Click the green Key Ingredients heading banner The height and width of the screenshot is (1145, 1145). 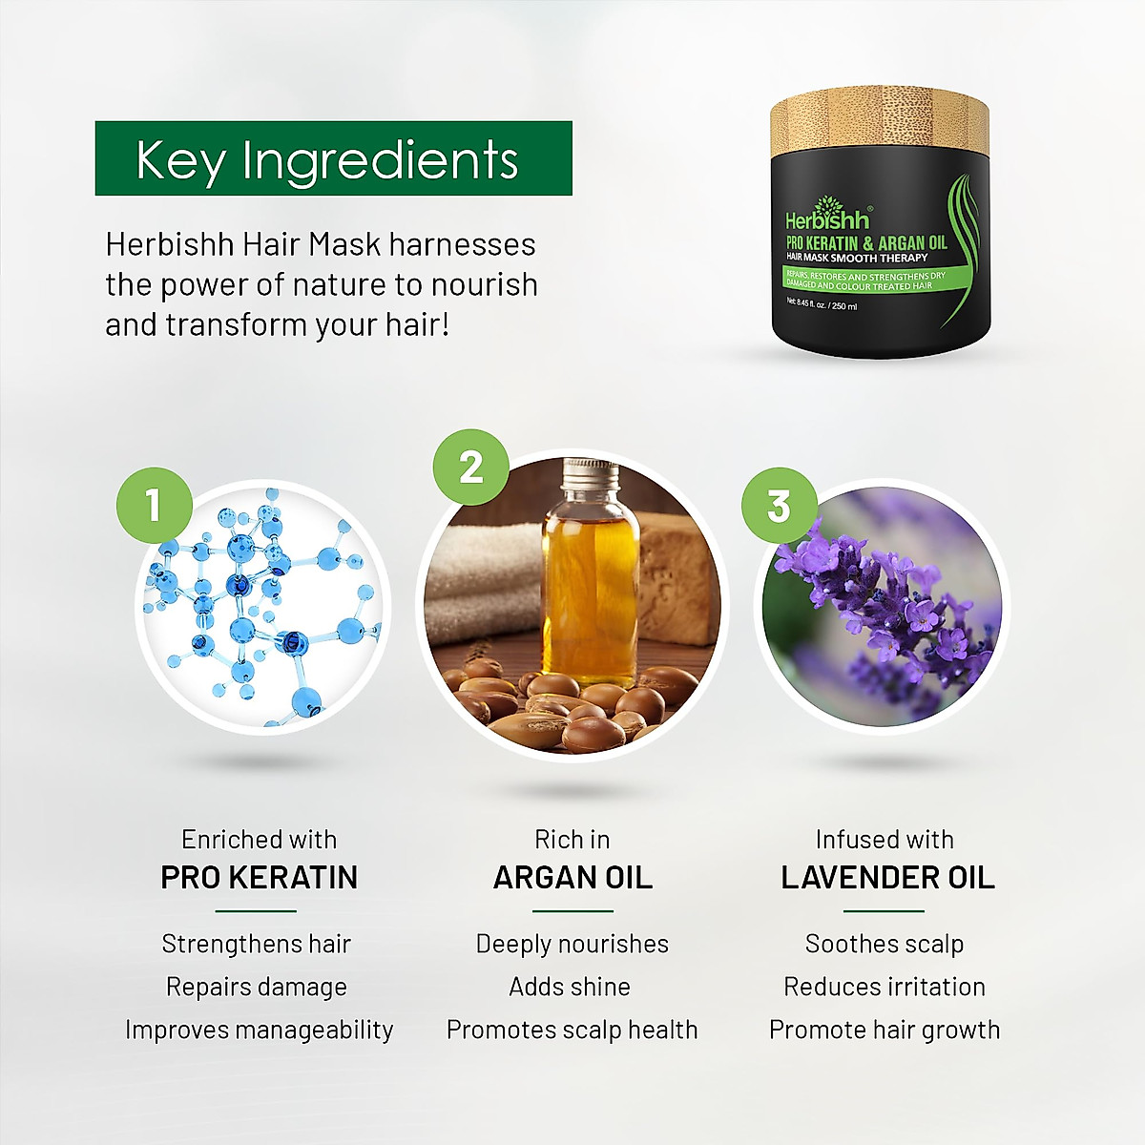(333, 158)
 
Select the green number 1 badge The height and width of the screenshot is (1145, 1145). (154, 505)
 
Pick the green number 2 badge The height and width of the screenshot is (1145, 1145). (470, 468)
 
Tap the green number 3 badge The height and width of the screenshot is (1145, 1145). (779, 506)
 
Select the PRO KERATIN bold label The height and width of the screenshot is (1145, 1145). (259, 878)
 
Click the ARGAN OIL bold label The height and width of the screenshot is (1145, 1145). (572, 878)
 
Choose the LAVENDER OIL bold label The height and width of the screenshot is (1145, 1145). (887, 878)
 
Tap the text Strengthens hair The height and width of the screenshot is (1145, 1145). (257, 944)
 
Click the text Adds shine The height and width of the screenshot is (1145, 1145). (570, 987)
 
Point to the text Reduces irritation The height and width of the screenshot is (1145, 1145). (885, 987)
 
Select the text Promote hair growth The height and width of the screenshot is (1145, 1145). (885, 1030)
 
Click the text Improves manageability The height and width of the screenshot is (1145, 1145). (259, 1030)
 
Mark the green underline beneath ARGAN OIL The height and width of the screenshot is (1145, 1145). (572, 911)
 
